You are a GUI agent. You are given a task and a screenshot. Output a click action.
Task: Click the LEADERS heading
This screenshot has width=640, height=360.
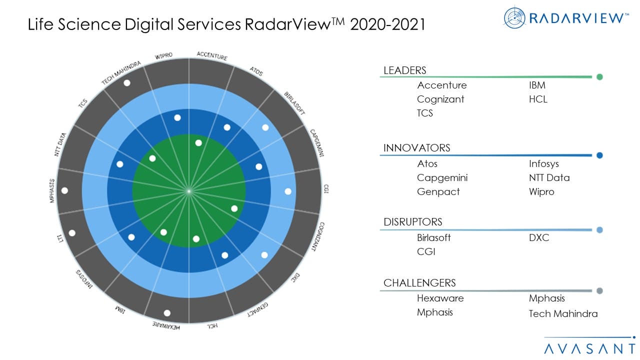(x=404, y=70)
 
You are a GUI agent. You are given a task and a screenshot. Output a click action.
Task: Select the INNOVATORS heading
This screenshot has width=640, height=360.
(x=416, y=148)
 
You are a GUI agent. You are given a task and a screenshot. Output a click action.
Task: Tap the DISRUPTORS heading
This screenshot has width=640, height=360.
(x=412, y=222)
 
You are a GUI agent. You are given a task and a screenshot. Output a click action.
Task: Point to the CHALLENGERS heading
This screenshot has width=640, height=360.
(x=419, y=283)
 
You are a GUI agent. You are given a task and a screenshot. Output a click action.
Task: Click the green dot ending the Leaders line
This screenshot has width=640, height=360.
(x=599, y=77)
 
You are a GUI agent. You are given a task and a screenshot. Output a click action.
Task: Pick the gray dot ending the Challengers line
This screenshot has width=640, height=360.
(x=599, y=291)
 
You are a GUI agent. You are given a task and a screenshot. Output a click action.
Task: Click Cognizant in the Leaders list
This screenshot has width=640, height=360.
(x=440, y=99)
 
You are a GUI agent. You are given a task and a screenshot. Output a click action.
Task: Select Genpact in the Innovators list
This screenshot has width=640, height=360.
(x=438, y=191)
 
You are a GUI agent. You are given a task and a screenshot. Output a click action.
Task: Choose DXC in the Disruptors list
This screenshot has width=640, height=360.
(x=538, y=237)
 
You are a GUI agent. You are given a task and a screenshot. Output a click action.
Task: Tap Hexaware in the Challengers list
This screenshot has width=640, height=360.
(x=440, y=298)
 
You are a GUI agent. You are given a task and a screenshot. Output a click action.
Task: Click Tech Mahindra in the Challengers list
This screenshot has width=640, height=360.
(x=563, y=313)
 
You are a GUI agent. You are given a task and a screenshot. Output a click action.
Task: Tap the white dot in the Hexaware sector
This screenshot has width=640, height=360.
(x=167, y=313)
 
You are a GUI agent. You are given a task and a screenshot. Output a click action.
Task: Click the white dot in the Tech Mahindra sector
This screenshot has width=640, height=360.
(x=127, y=83)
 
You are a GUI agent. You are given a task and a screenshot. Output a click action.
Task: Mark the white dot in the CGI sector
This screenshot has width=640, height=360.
(x=288, y=191)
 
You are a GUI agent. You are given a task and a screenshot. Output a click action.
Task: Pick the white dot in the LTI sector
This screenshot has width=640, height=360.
(x=72, y=233)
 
